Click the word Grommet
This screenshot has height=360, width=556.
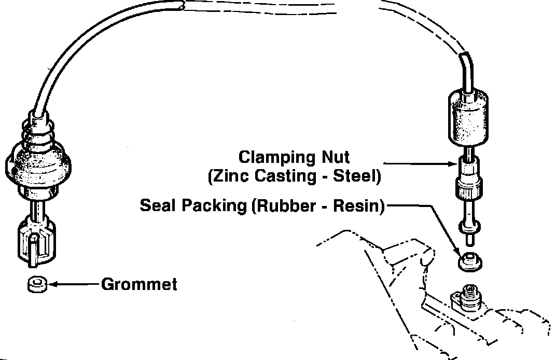point(139,284)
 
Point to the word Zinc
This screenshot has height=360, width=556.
point(226,176)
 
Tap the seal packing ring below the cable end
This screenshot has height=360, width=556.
point(470,261)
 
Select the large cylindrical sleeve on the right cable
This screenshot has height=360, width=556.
point(467,118)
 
